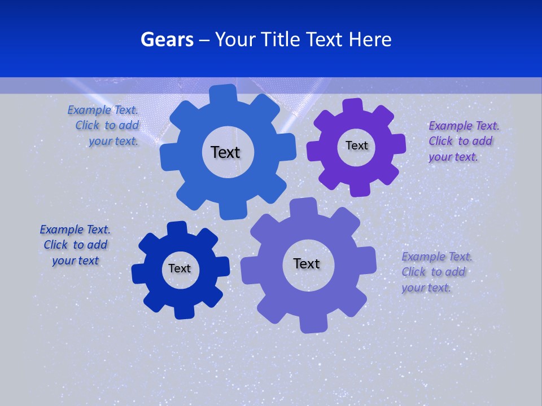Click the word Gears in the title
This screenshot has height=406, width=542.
point(167,39)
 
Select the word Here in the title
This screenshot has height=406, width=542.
point(370,39)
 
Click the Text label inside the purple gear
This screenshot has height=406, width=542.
point(356,145)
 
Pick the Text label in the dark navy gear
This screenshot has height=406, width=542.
point(180,269)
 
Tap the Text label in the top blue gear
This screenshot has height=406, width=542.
point(225,152)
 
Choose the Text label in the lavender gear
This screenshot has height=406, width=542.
point(307,264)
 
